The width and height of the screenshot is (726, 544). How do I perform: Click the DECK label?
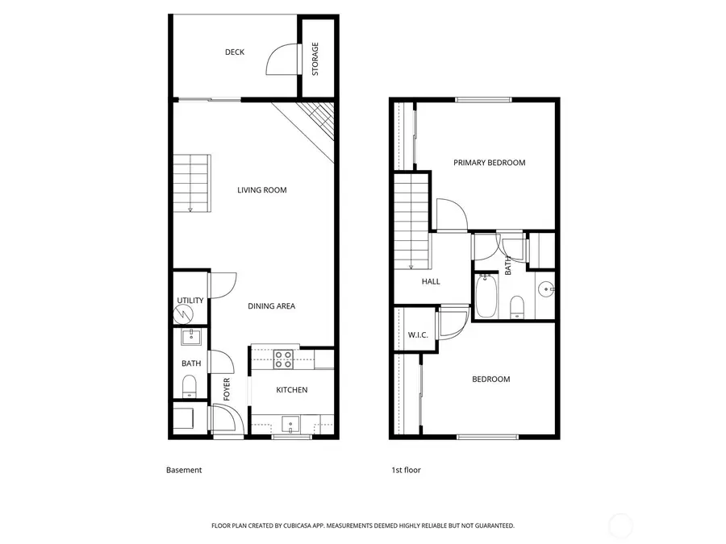[235, 52]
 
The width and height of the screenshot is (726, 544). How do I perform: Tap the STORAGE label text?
[315, 58]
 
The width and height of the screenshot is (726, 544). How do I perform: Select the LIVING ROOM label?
[262, 190]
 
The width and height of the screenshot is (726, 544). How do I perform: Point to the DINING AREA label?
[271, 305]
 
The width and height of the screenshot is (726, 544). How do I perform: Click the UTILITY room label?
[190, 301]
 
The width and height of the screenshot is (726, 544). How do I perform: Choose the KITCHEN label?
[291, 390]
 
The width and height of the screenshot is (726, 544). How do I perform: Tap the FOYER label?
[227, 389]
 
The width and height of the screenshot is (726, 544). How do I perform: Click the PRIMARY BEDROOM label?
[489, 163]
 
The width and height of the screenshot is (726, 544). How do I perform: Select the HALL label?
[431, 281]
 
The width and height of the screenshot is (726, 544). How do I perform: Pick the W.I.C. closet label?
[417, 334]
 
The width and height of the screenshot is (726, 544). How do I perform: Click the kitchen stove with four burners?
[283, 359]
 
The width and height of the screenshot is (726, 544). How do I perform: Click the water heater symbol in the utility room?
[190, 313]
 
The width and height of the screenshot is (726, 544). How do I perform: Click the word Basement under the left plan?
[184, 470]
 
